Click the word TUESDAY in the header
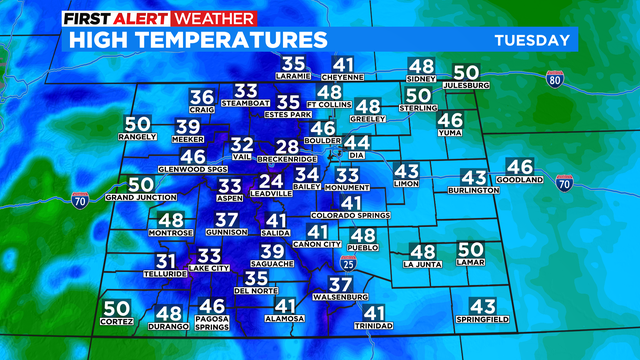coord(532,40)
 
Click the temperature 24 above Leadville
coord(270,182)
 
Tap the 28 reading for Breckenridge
coord(288,148)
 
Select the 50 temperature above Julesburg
coord(466,73)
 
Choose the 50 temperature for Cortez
coord(116,308)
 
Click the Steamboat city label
coord(246,103)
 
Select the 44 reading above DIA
coord(357,143)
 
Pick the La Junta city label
coord(422,265)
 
